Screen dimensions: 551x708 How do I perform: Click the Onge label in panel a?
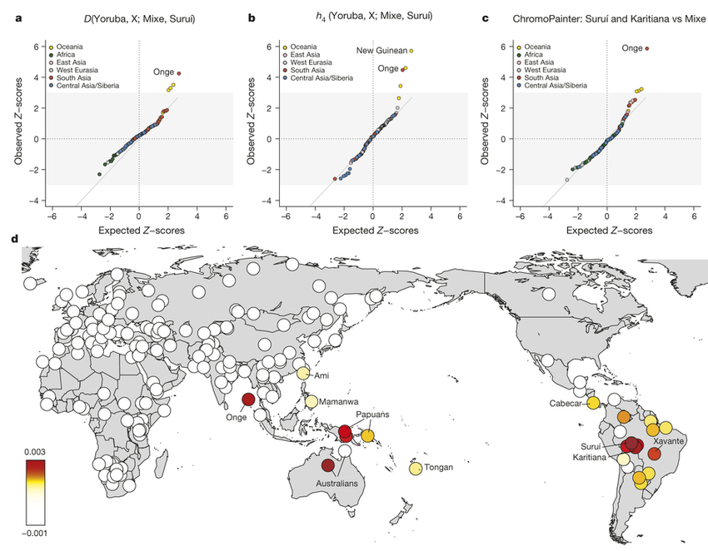point(162,72)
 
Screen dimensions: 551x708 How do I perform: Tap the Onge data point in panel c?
point(648,48)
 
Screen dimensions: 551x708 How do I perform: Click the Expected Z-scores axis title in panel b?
point(372,228)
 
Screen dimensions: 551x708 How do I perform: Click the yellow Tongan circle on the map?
point(415,469)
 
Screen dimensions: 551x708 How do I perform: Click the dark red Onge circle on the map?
point(248,400)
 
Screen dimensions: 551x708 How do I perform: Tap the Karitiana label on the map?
point(591,457)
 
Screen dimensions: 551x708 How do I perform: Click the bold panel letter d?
point(14,240)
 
